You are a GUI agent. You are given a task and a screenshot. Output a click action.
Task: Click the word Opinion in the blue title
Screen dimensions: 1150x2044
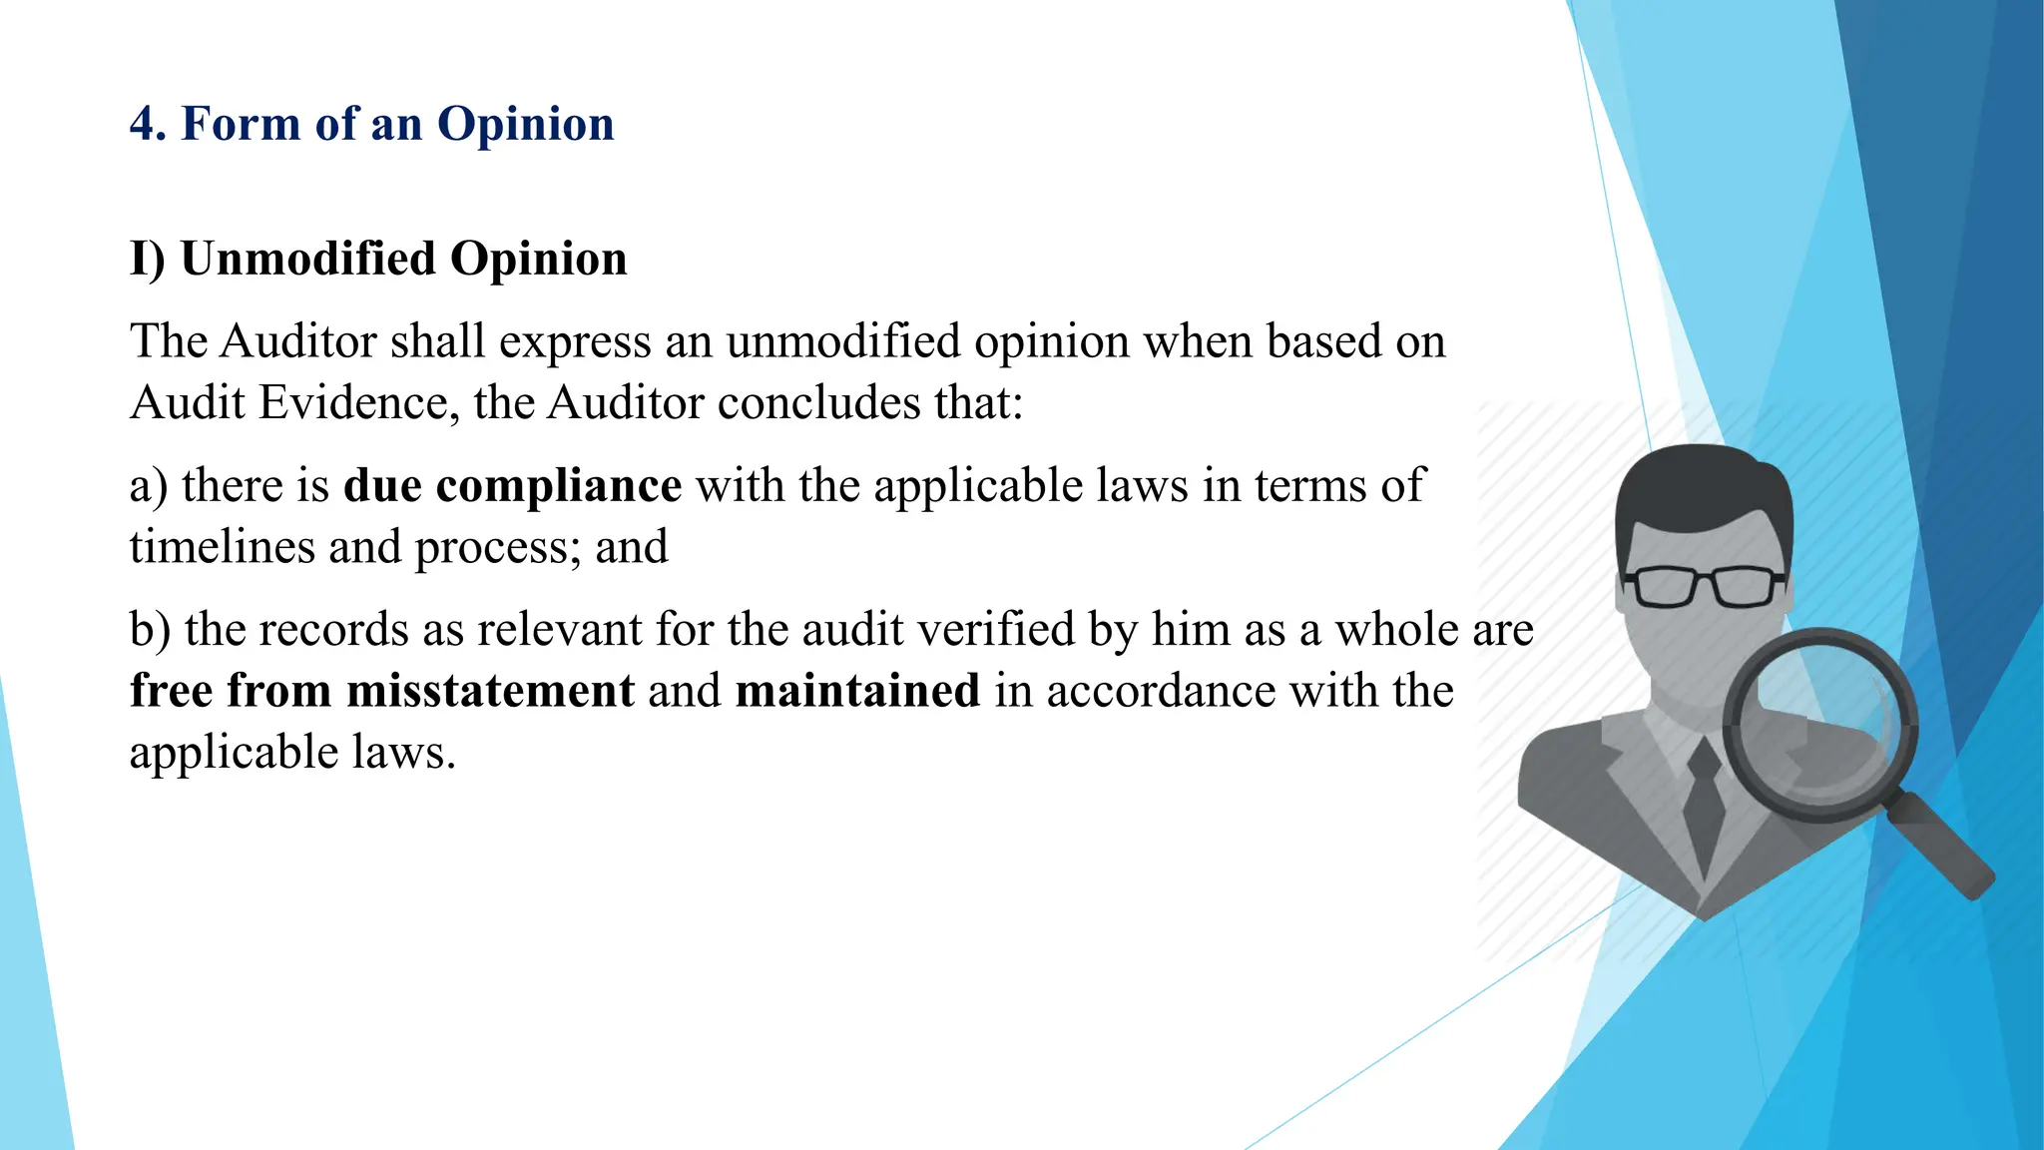click(x=525, y=125)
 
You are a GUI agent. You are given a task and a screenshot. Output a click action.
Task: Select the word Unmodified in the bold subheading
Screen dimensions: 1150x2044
click(x=307, y=259)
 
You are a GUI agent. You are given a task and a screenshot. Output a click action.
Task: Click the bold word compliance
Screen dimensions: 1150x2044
click(x=559, y=486)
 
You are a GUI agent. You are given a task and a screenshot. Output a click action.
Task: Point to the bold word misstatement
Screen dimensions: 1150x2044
click(x=490, y=691)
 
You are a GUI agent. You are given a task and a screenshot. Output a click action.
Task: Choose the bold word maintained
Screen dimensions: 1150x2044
click(x=857, y=691)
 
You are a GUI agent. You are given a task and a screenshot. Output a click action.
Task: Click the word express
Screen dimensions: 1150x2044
click(x=575, y=341)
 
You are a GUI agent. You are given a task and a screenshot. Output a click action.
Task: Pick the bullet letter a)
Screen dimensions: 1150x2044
click(x=149, y=486)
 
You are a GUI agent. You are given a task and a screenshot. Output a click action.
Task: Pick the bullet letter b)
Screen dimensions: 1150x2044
click(x=150, y=630)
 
